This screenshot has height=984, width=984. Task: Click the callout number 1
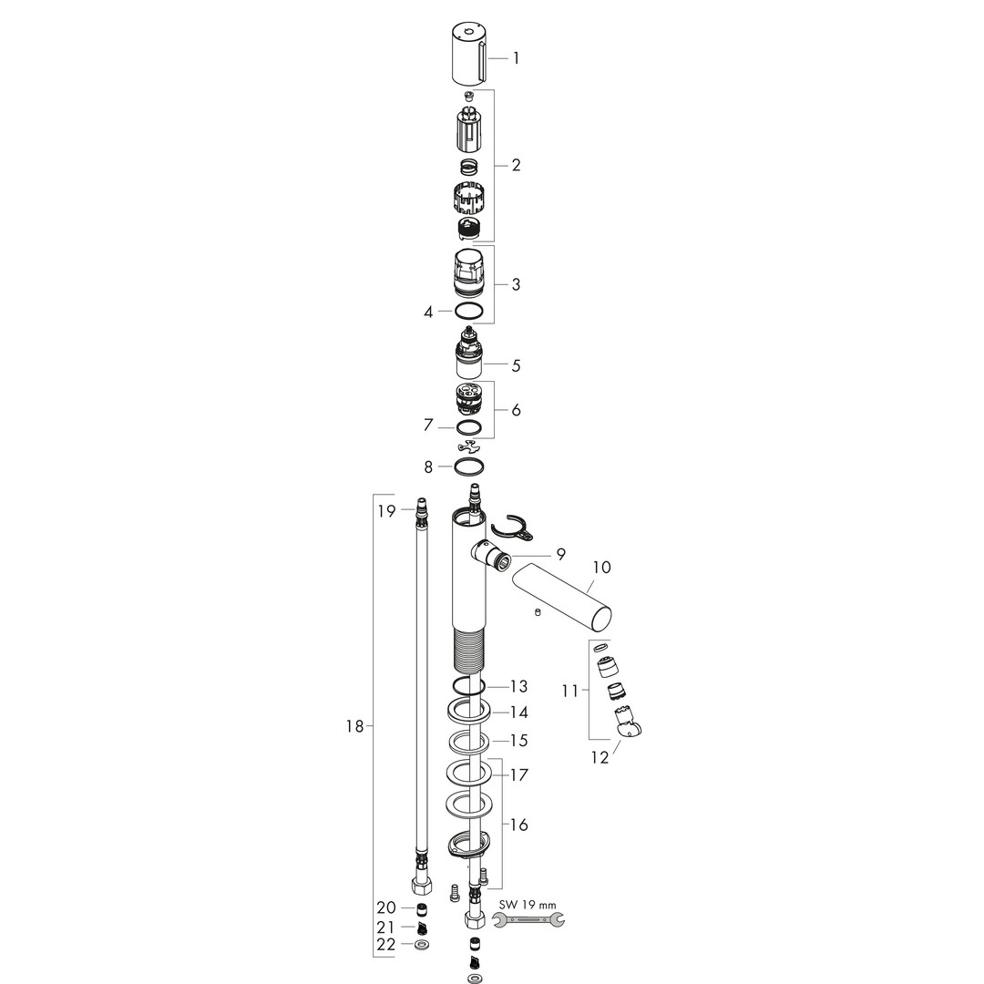coord(516,59)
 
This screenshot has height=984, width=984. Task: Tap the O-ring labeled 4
coord(469,311)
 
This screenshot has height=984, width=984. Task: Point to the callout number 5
coord(516,365)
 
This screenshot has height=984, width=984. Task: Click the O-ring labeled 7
coord(469,427)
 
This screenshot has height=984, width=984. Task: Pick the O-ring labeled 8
coord(469,466)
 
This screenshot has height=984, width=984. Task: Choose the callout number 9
coord(560,554)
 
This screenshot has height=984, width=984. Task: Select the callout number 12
coord(600,757)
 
